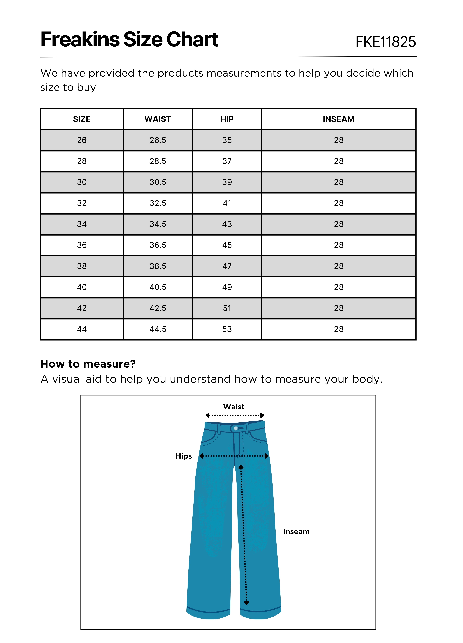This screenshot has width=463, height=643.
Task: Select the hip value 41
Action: [227, 203]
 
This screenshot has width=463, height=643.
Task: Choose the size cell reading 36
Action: [82, 245]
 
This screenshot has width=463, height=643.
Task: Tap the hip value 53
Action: [227, 329]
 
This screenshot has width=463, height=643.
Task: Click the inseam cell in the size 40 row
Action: [339, 287]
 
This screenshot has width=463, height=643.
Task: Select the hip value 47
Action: [227, 266]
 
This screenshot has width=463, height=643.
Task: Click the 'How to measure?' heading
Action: [88, 364]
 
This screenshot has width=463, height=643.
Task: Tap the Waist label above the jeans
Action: [234, 407]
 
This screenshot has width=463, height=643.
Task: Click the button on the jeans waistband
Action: [236, 428]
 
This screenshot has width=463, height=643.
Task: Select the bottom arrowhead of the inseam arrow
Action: [246, 603]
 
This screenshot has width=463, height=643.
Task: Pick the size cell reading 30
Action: [82, 182]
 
